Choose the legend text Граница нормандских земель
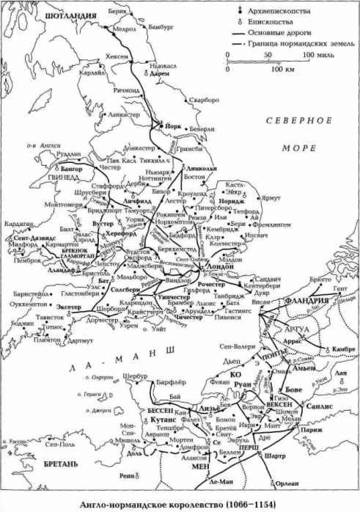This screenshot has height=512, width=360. pyautogui.click(x=297, y=45)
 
